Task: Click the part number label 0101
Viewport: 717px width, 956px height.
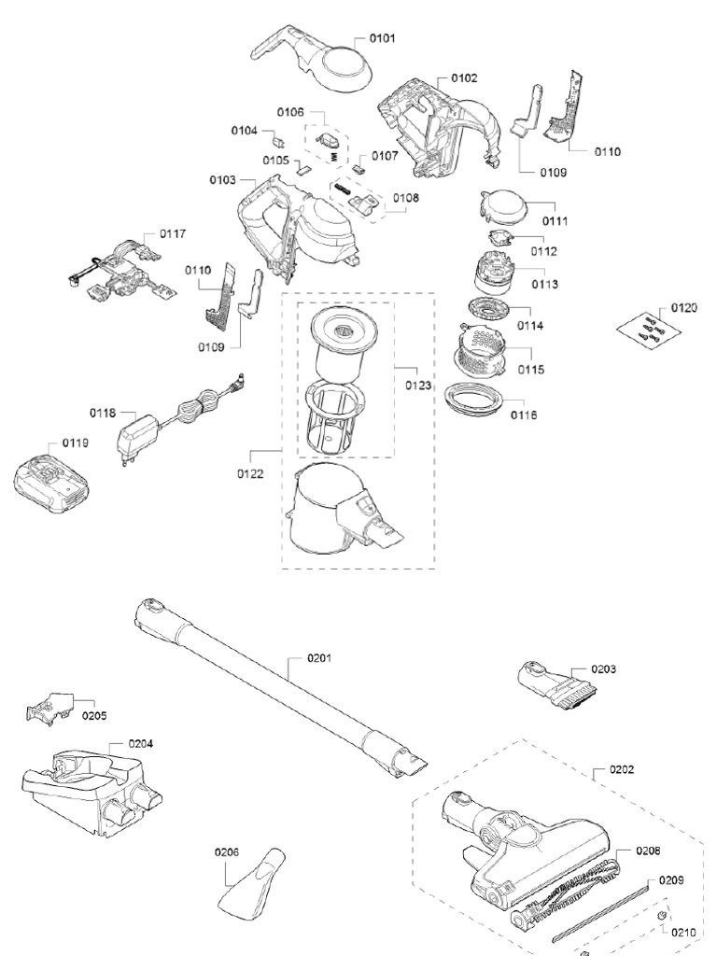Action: point(383,39)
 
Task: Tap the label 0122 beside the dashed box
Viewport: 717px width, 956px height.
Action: point(250,473)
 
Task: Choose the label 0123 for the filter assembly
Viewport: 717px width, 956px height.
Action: point(418,384)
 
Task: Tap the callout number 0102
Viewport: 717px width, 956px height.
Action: point(464,77)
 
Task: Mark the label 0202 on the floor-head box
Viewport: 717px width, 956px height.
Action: point(622,770)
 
